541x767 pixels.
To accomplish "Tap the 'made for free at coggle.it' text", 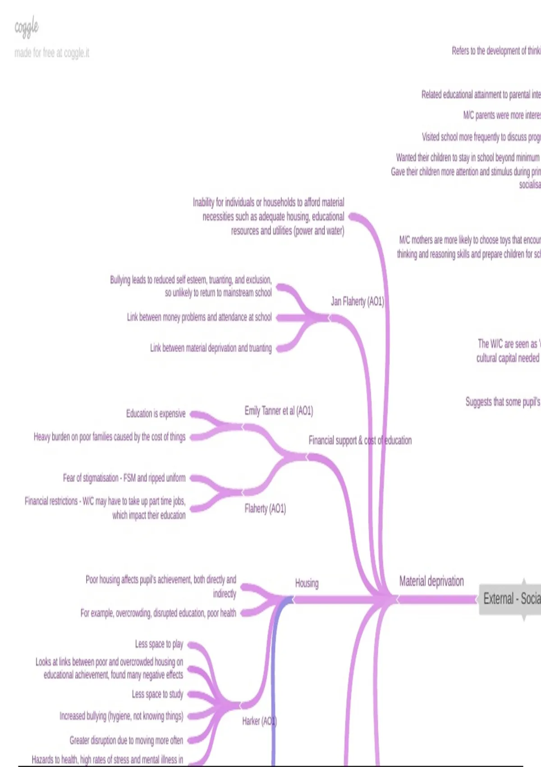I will coord(52,53).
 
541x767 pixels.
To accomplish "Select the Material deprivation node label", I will coord(431,581).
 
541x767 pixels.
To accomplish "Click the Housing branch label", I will coord(307,583).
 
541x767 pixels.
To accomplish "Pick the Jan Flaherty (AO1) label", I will coord(357,301).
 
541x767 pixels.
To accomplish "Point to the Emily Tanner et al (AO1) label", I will coord(279,411).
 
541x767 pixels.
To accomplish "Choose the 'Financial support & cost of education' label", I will coord(360,440).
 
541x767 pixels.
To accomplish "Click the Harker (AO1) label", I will coord(259,721).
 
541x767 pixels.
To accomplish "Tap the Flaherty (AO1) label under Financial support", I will coord(265,509).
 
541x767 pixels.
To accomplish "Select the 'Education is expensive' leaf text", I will coord(156,414).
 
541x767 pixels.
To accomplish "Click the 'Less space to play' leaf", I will coord(159,644).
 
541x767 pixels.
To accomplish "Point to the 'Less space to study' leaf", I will coord(157,694).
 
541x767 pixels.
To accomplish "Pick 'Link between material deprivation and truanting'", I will coord(211,348).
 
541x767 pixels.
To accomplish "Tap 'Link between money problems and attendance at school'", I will coord(199,317).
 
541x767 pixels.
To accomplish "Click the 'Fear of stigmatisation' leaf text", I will coord(124,478).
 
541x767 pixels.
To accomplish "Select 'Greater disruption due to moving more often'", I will coord(126,740).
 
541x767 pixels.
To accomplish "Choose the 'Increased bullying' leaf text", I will coord(121,716).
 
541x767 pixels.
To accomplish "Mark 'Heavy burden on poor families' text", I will coord(110,437).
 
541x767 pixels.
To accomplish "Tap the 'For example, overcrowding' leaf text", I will coord(158,613).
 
